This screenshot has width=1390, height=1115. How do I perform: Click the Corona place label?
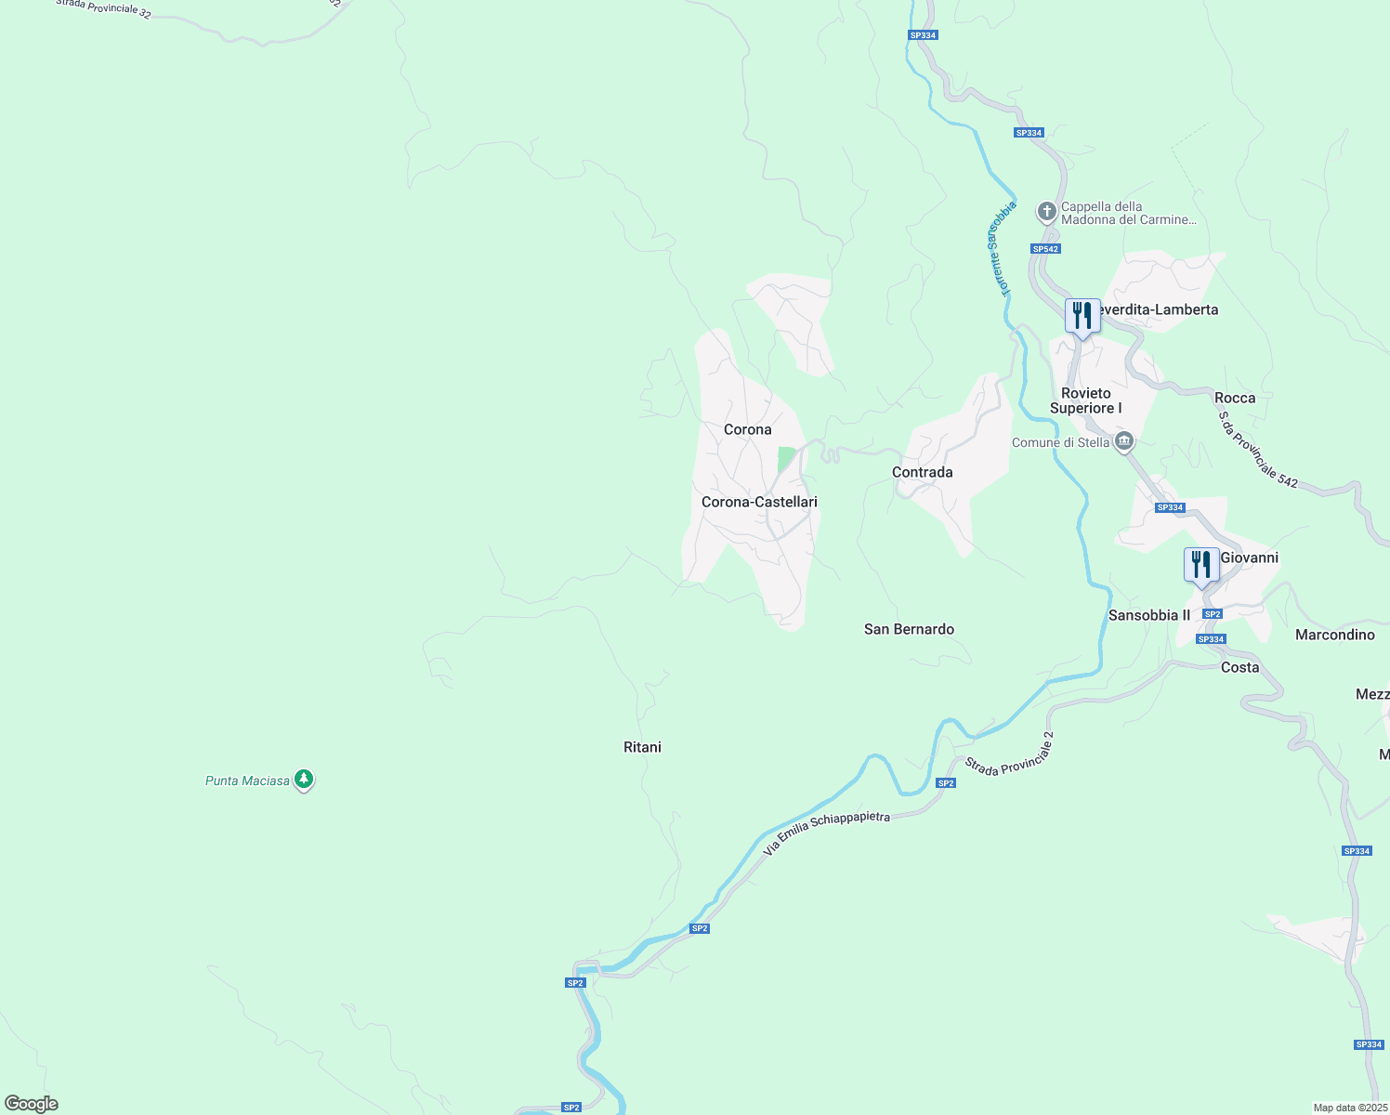(x=747, y=429)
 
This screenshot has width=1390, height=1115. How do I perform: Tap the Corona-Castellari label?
(x=759, y=502)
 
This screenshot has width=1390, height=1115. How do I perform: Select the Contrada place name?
(x=922, y=472)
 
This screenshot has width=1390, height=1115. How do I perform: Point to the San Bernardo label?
(x=909, y=629)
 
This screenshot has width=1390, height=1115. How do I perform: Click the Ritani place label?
(x=642, y=747)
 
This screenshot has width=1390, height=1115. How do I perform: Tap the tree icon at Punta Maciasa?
(x=304, y=780)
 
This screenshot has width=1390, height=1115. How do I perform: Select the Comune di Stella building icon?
(x=1124, y=441)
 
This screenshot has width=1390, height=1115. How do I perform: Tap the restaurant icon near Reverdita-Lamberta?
(x=1082, y=316)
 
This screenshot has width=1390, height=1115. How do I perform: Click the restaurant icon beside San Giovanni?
(x=1201, y=565)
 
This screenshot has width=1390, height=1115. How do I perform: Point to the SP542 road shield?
(x=1045, y=249)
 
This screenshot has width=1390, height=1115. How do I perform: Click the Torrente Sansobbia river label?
(x=1000, y=249)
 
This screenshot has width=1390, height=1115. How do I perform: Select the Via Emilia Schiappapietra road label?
(x=826, y=833)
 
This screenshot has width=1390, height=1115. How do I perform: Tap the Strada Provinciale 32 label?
(x=102, y=8)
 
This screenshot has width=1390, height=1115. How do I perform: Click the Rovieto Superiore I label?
(x=1085, y=400)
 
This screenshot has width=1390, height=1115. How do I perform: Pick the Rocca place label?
(x=1235, y=398)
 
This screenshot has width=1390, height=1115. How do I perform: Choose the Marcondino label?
(x=1334, y=635)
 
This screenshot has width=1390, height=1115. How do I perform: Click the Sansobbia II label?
(x=1148, y=615)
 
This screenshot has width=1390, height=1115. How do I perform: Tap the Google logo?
(x=32, y=1104)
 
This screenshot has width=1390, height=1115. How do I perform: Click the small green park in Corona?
(x=786, y=458)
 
